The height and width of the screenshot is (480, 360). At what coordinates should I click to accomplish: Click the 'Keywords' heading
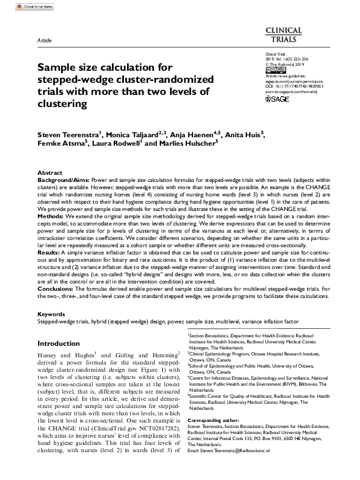point(51,314)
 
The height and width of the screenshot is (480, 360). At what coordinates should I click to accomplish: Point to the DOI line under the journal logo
point(294,86)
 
